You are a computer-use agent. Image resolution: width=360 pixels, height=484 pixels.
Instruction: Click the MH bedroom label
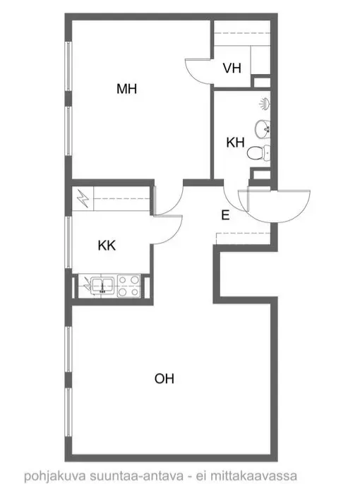tap(126, 89)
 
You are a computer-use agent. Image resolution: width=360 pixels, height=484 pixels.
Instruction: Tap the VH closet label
tap(232, 68)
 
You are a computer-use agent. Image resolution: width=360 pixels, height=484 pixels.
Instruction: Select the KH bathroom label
tap(235, 143)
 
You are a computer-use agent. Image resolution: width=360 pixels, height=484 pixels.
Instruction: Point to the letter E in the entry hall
tap(225, 215)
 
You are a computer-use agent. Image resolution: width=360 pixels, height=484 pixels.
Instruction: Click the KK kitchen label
tap(107, 246)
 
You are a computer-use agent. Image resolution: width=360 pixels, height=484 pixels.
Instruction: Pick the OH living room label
tap(164, 378)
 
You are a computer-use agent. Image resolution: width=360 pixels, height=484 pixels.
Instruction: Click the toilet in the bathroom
tap(259, 153)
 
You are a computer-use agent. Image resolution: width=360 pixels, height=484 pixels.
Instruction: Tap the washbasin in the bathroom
tap(263, 128)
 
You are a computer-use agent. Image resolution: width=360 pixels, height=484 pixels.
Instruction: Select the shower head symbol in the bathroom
tap(265, 104)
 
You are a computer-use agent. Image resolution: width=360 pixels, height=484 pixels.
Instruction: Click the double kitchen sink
tap(103, 285)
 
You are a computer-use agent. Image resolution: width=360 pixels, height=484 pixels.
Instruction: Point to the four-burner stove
tap(129, 286)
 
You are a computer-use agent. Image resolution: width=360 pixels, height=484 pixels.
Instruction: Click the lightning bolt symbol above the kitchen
tap(83, 198)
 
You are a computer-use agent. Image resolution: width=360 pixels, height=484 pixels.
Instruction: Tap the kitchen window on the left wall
tap(69, 243)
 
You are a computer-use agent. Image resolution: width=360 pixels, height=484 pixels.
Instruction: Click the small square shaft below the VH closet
tap(262, 82)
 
